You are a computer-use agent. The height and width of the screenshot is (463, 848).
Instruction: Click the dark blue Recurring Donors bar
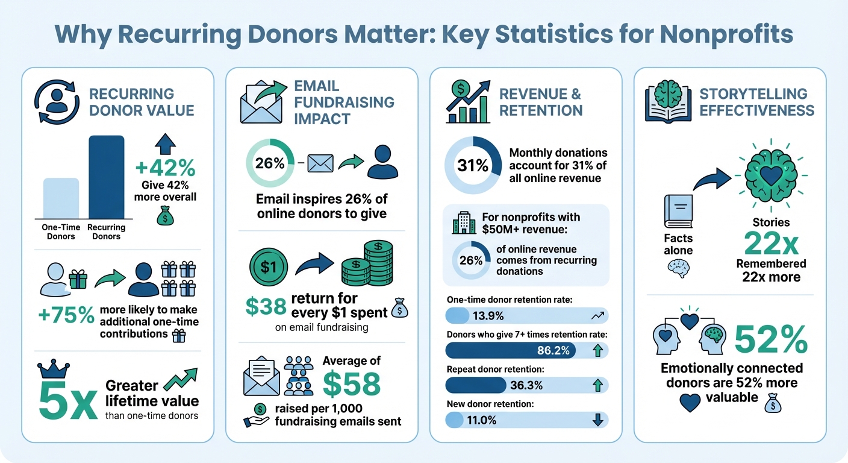[x=107, y=176]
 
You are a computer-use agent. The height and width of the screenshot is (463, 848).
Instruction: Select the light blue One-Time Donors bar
[x=61, y=198]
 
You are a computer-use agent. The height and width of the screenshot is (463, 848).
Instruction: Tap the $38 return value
[x=266, y=307]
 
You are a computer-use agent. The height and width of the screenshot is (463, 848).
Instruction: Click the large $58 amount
[x=352, y=383]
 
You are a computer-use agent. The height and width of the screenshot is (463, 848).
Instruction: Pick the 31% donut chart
[x=473, y=165]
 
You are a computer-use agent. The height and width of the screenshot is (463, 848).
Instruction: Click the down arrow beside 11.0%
[x=597, y=420]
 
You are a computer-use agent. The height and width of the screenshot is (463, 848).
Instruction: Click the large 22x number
[x=771, y=244]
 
